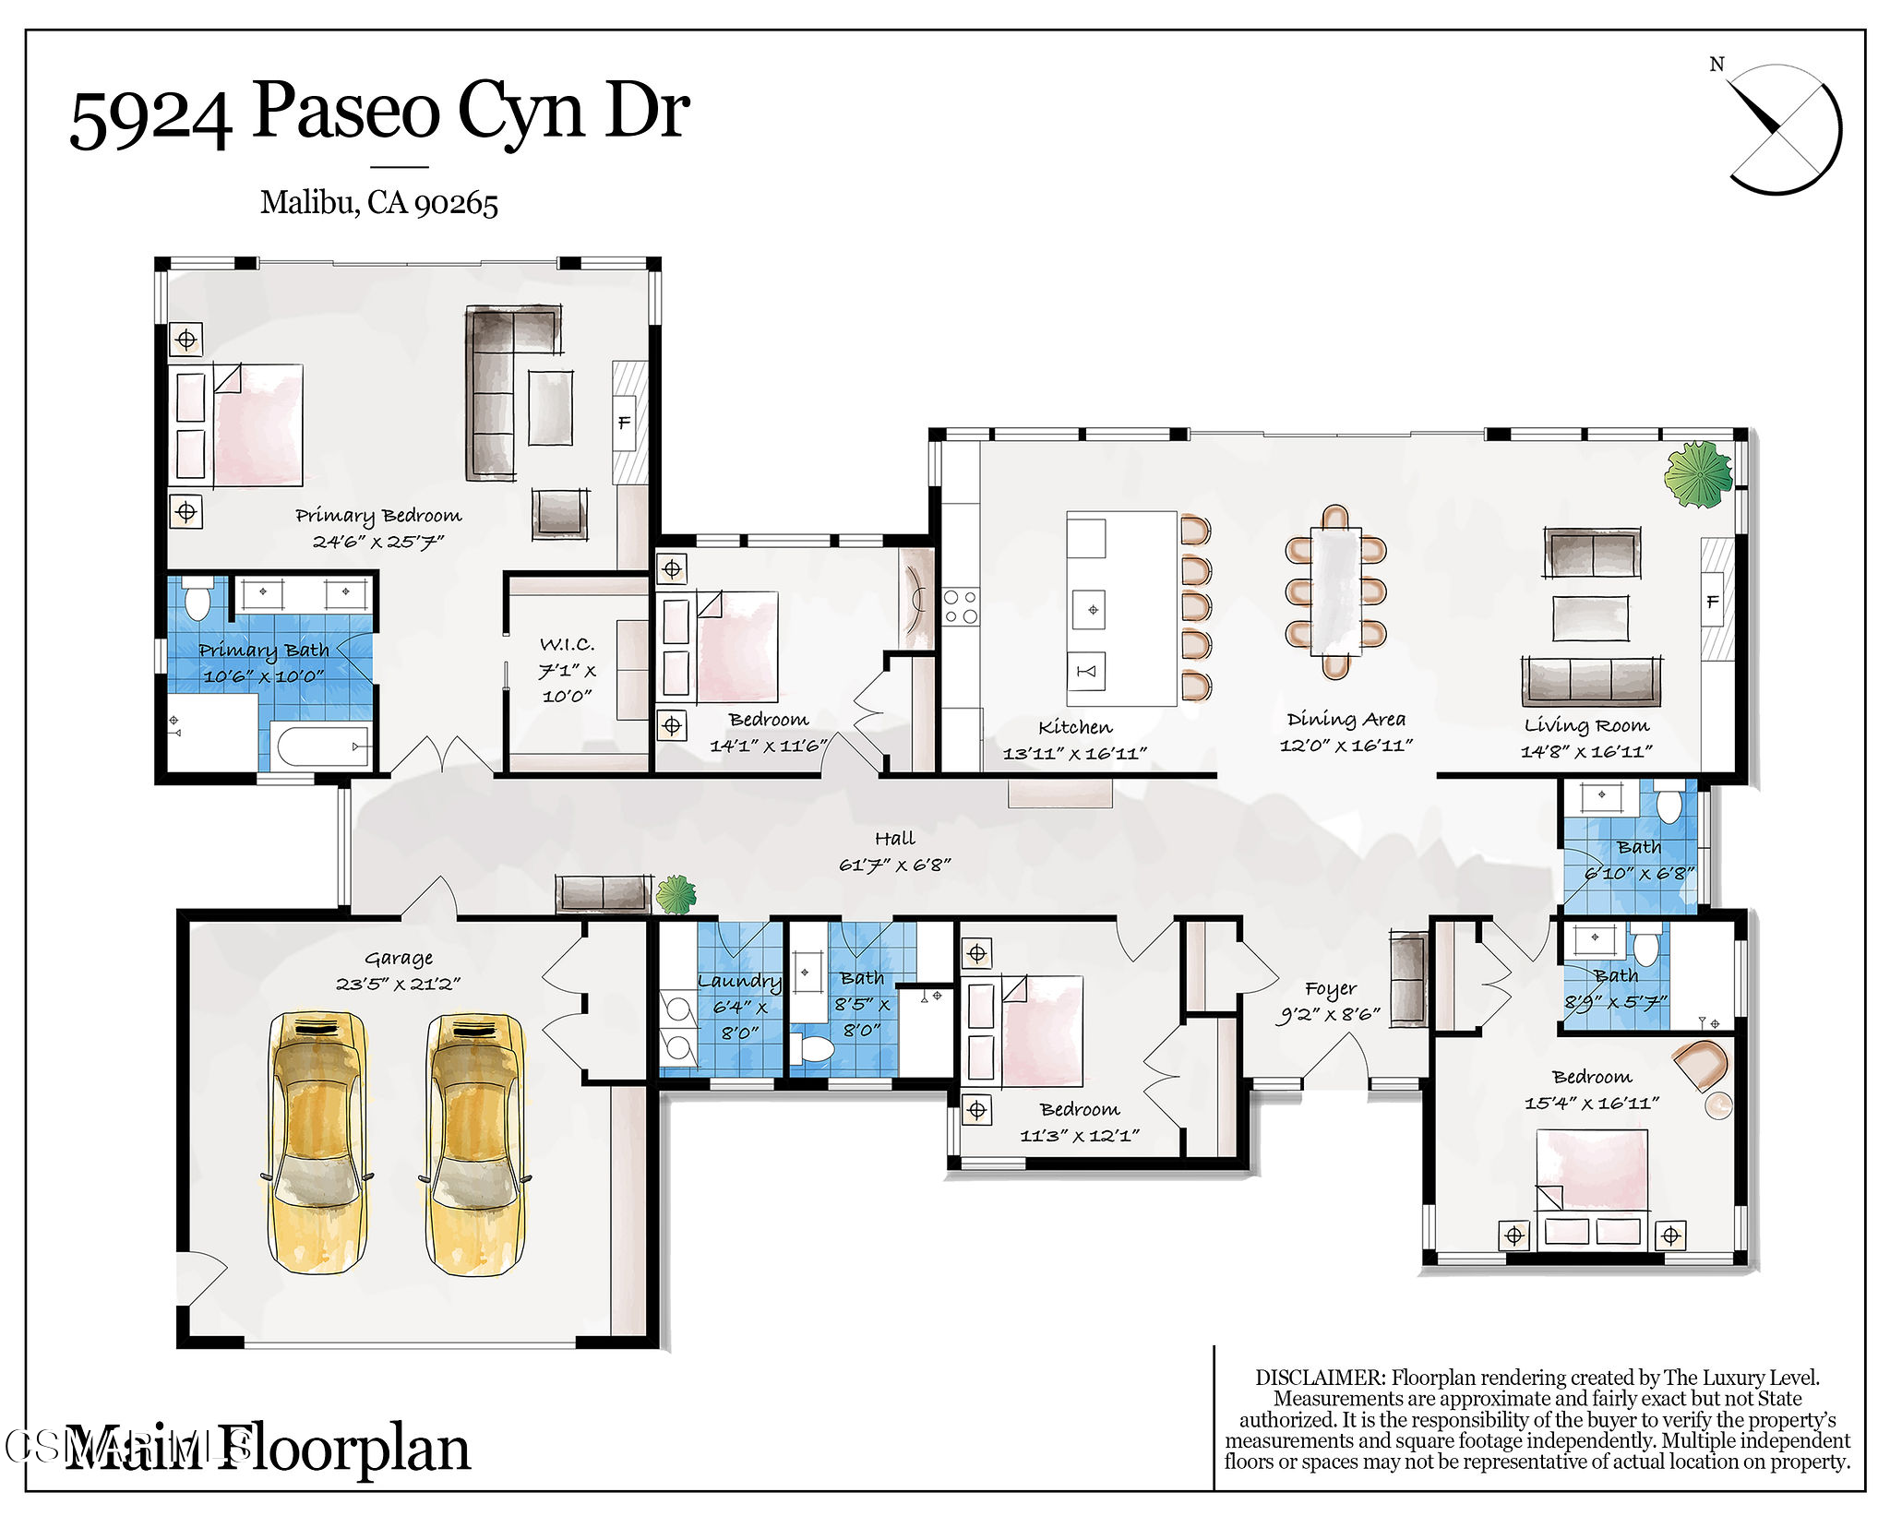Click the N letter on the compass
click(x=1717, y=64)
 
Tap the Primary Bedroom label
click(x=378, y=515)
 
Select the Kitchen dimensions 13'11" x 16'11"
click(x=1075, y=753)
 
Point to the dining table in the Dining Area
click(x=1335, y=591)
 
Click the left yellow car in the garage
click(x=317, y=1143)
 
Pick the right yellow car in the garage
click(x=474, y=1145)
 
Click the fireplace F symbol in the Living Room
click(x=1713, y=602)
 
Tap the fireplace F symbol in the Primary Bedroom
click(x=624, y=423)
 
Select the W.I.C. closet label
click(x=567, y=644)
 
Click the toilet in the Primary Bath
click(x=197, y=600)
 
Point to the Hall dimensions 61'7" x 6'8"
click(x=894, y=865)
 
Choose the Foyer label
click(x=1331, y=989)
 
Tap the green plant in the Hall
click(x=676, y=894)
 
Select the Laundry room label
click(x=739, y=982)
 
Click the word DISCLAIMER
click(x=1320, y=1378)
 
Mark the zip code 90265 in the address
click(x=456, y=203)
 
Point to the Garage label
click(x=399, y=959)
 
